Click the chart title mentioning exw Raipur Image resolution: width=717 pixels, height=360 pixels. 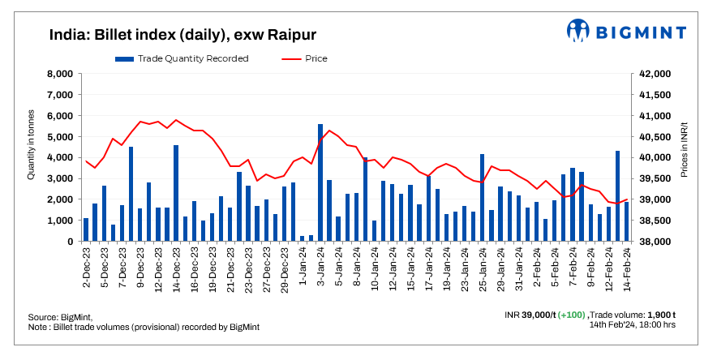182,35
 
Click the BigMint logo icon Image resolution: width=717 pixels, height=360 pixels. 578,31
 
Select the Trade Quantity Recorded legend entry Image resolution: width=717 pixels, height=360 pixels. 182,58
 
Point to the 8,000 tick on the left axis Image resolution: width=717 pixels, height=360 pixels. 62,74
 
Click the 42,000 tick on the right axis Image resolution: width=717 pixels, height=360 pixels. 655,74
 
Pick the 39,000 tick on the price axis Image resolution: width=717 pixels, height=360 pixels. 655,199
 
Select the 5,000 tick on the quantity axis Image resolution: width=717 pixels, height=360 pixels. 62,136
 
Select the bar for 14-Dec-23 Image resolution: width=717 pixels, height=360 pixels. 176,193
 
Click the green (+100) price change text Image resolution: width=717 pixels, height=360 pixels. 572,315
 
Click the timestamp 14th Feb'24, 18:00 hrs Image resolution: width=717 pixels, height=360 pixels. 633,324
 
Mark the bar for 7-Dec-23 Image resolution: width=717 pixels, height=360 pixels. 131,194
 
